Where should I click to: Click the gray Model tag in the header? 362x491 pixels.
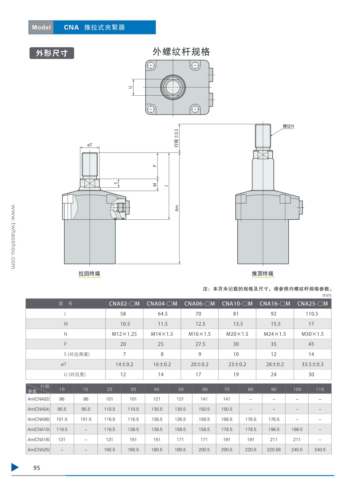click(41, 27)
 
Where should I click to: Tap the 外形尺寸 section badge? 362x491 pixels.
click(52, 53)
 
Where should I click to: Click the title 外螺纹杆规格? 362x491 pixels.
click(181, 52)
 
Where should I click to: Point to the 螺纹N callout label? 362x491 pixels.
click(288, 126)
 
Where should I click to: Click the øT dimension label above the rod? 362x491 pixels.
click(90, 145)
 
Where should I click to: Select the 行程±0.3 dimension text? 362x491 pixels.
click(176, 138)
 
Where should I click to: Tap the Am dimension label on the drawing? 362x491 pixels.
click(177, 208)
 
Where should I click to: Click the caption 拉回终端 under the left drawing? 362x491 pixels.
click(90, 274)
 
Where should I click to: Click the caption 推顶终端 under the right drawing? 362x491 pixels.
click(263, 274)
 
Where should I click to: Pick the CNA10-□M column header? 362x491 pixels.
click(237, 304)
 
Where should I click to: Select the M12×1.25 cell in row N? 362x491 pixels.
click(124, 334)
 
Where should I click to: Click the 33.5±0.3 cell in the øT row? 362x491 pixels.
click(313, 364)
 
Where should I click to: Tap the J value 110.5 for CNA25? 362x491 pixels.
click(312, 314)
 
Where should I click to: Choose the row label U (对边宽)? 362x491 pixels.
click(75, 374)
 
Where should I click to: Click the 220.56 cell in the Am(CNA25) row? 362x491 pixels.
click(274, 450)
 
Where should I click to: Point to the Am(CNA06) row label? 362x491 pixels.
click(39, 419)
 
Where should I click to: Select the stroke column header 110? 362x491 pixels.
click(320, 389)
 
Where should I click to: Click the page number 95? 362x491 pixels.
click(37, 468)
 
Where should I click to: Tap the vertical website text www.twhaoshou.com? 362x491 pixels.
click(13, 237)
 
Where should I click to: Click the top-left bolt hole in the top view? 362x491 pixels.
click(151, 65)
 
